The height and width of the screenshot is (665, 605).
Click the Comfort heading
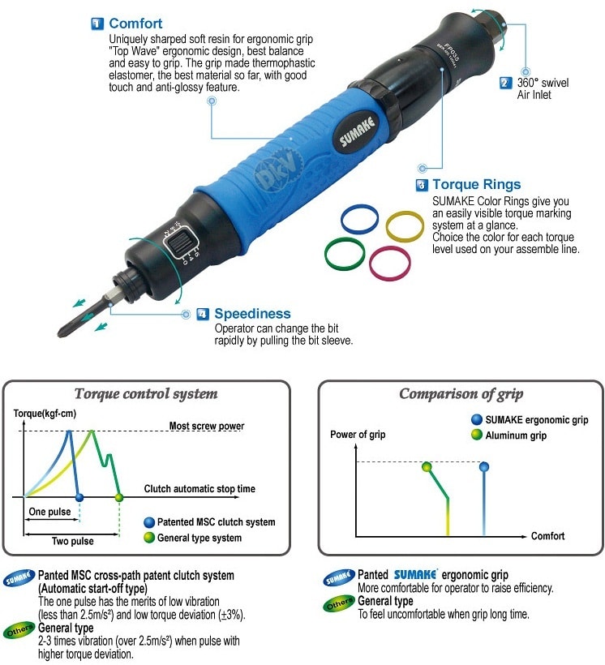pos(135,24)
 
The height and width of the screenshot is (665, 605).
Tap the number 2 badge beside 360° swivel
pos(505,83)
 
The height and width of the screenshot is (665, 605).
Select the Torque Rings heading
pos(476,184)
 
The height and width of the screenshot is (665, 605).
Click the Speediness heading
pos(252,313)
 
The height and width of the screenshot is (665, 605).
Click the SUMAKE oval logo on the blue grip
pos(357,132)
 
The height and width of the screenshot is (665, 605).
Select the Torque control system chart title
pos(146,393)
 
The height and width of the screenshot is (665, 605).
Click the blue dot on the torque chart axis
pos(79,497)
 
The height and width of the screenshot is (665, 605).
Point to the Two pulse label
pos(72,541)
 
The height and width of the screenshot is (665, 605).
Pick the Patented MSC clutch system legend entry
pos(210,522)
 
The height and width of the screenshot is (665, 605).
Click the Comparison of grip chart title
pos(461,394)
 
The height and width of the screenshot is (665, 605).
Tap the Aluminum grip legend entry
pos(509,435)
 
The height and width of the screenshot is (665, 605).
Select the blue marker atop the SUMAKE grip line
pos(484,467)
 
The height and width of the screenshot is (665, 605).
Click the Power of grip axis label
pos(358,435)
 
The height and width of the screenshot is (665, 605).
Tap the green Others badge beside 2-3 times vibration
pos(19,631)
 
